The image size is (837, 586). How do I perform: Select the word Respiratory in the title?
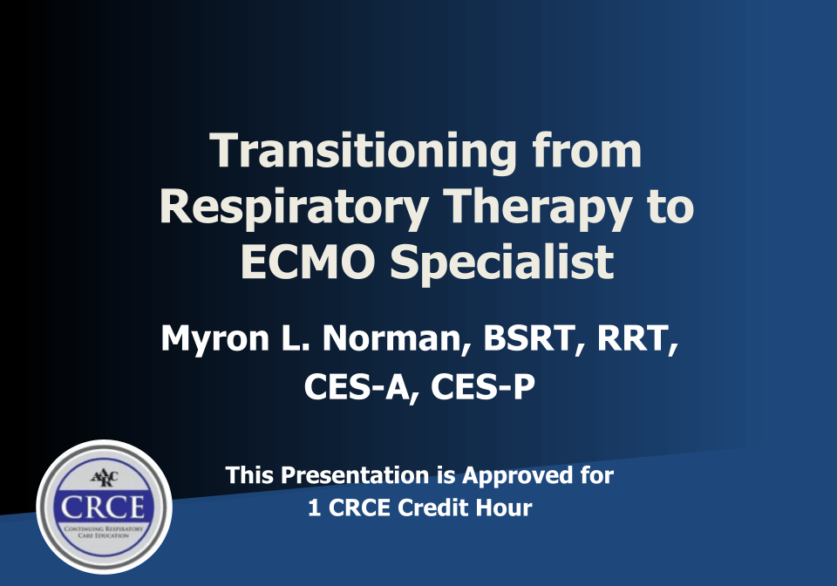coord(293,207)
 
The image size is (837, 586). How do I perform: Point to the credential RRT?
coord(636,339)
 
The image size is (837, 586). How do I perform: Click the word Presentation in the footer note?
coord(357,476)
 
